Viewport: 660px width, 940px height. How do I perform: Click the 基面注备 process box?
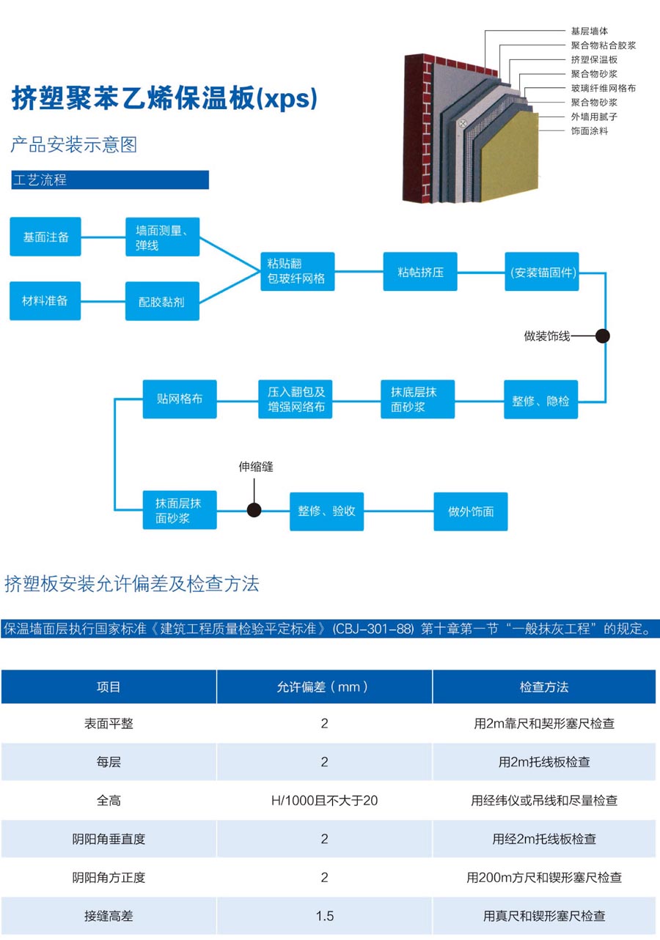pos(45,237)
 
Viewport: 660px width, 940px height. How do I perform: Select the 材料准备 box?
pos(45,301)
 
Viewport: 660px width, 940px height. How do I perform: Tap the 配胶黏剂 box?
pos(162,301)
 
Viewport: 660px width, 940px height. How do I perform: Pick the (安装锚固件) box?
pos(543,272)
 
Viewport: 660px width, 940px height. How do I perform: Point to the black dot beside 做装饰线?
pos(603,336)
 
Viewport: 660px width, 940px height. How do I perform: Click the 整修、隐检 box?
pos(540,400)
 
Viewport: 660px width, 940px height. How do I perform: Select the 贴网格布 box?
pos(180,399)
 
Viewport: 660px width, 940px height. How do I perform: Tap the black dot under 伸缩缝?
pos(254,510)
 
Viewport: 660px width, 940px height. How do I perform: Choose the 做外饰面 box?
pos(471,511)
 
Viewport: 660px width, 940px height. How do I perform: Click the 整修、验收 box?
pos(326,511)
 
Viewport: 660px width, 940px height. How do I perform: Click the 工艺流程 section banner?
pos(109,180)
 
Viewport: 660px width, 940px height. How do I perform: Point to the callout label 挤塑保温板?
pos(594,59)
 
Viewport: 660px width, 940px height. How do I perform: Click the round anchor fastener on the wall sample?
pos(463,123)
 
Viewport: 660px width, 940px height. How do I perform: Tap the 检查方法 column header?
pos(544,687)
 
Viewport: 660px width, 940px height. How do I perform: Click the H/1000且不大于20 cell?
pos(324,801)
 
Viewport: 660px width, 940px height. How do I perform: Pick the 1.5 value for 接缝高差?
pos(324,916)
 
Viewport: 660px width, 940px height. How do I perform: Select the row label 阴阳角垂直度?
pos(109,839)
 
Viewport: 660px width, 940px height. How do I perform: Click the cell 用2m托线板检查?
pos(544,762)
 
